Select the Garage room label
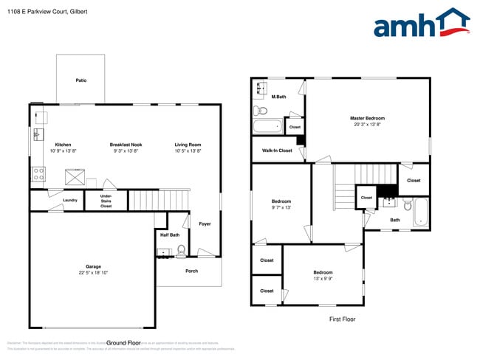[93, 266]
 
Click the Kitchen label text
[63, 145]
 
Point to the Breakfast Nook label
[126, 145]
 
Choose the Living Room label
[188, 145]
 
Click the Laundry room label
[70, 200]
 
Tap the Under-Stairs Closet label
[106, 201]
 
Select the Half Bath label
[169, 235]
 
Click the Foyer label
[205, 224]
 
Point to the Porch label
[191, 271]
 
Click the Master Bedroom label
[367, 118]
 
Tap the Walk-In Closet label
[277, 150]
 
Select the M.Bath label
[278, 97]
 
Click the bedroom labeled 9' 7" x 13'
[281, 201]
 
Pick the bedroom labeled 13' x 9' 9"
[323, 272]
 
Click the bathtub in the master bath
[267, 126]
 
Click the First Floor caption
[342, 319]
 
